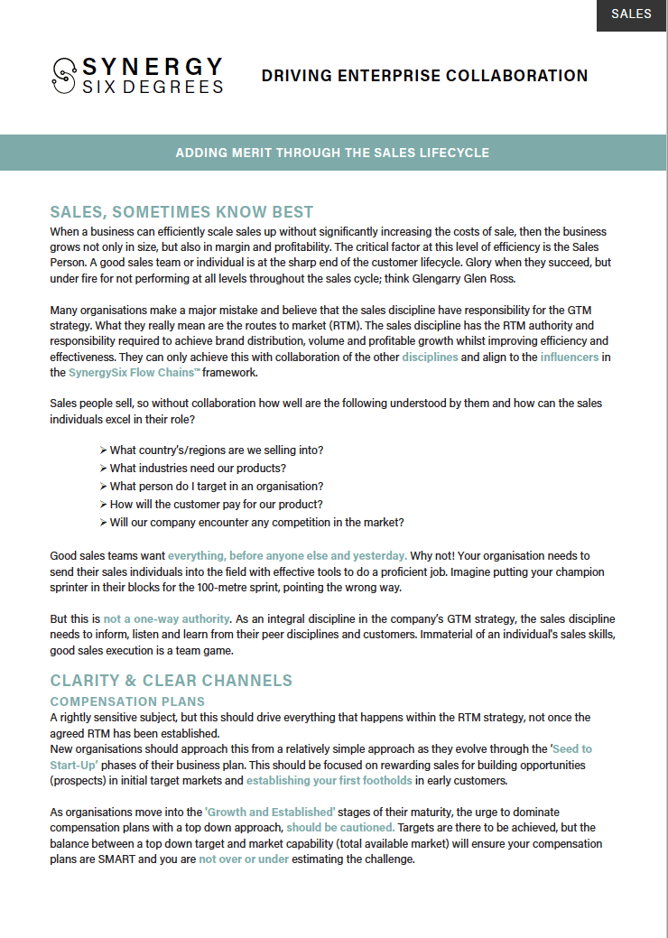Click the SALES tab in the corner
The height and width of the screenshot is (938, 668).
pyautogui.click(x=631, y=14)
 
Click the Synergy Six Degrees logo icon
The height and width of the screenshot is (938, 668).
pyautogui.click(x=64, y=76)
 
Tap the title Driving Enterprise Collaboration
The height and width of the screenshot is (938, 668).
pyautogui.click(x=424, y=76)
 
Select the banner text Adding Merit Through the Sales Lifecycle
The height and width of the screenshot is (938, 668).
pyautogui.click(x=332, y=153)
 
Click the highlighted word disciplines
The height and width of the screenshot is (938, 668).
pyautogui.click(x=430, y=358)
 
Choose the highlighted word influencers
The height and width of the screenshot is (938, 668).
pyautogui.click(x=570, y=358)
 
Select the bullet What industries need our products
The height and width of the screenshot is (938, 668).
pyautogui.click(x=197, y=468)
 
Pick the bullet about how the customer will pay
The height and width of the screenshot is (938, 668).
pyautogui.click(x=216, y=504)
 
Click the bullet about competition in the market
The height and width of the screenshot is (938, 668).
pyautogui.click(x=256, y=522)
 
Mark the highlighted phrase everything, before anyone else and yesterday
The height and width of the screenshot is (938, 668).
pyautogui.click(x=287, y=555)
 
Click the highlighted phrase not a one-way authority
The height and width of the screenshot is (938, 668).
pyautogui.click(x=166, y=619)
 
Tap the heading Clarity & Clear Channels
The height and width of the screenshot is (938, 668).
pyautogui.click(x=172, y=680)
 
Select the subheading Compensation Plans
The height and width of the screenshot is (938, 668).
pyautogui.click(x=127, y=701)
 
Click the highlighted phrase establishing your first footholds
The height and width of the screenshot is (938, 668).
pyautogui.click(x=329, y=781)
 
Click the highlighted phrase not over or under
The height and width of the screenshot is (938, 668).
pyautogui.click(x=244, y=859)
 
